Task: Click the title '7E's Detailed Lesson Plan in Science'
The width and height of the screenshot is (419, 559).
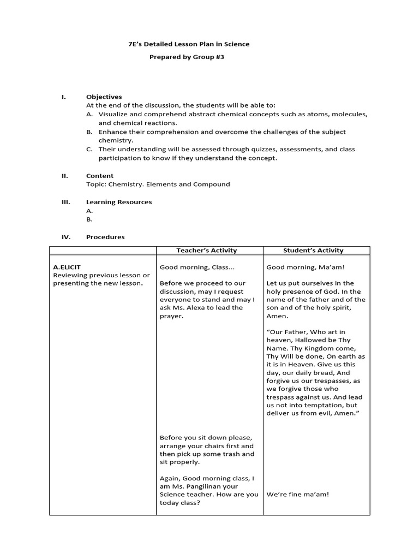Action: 185,44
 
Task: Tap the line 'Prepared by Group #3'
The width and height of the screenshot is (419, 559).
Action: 187,57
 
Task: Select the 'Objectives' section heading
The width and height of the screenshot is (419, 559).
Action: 104,97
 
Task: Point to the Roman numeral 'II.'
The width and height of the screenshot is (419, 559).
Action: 64,176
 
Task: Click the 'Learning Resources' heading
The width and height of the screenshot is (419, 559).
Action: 119,202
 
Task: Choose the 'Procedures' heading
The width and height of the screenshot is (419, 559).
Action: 105,237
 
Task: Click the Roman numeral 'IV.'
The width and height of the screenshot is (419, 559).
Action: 65,237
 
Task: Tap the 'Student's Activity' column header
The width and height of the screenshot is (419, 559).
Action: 313,251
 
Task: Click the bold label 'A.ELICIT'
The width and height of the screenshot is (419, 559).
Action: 67,267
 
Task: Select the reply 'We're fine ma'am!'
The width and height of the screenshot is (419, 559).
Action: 297,495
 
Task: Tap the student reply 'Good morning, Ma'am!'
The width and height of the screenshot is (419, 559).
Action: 306,267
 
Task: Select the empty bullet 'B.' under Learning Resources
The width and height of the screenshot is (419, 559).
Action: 89,219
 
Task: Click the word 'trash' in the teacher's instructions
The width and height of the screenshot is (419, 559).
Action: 230,454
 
